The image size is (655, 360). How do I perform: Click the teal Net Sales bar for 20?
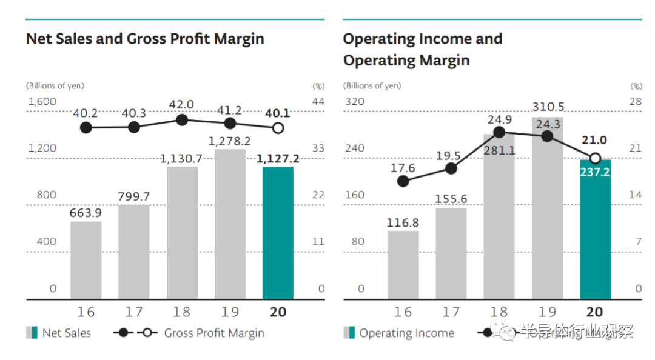coord(278,233)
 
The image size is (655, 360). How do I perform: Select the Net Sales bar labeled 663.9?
coord(86,261)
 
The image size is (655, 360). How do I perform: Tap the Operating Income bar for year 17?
coord(451,254)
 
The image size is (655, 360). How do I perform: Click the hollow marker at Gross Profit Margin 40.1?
coord(278,128)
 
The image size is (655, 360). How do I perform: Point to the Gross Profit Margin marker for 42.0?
coord(182,120)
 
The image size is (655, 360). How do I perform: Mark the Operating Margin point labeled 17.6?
coord(403,181)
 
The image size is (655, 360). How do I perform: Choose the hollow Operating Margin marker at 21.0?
coord(595,158)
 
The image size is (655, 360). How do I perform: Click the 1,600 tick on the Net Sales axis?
coord(42,102)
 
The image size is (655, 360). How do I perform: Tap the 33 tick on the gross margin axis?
coord(318,148)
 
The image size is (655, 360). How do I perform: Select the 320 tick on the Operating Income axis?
coord(355,102)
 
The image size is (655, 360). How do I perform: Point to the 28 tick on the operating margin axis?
coord(635,102)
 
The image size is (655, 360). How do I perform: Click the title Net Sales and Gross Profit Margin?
coord(145,39)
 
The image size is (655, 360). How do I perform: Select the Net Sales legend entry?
coord(66,333)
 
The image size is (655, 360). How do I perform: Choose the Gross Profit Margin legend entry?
coord(213,333)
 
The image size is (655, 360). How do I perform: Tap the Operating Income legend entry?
coord(406,333)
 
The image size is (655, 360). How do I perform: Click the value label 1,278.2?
coord(230,141)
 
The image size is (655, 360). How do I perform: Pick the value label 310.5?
coord(547,107)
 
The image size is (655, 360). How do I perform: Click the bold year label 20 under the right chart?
coord(595,312)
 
